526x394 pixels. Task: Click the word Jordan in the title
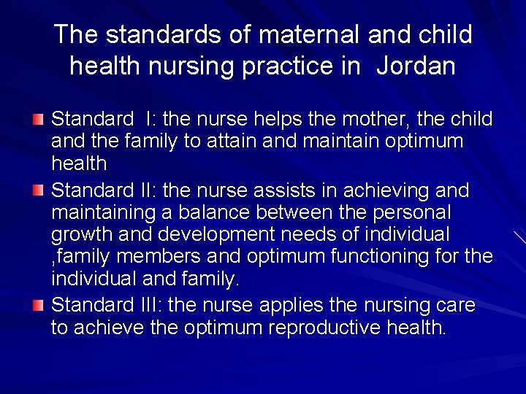[x=416, y=66]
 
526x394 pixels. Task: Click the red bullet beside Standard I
[x=38, y=118]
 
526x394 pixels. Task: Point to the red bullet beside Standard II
[x=38, y=190]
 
